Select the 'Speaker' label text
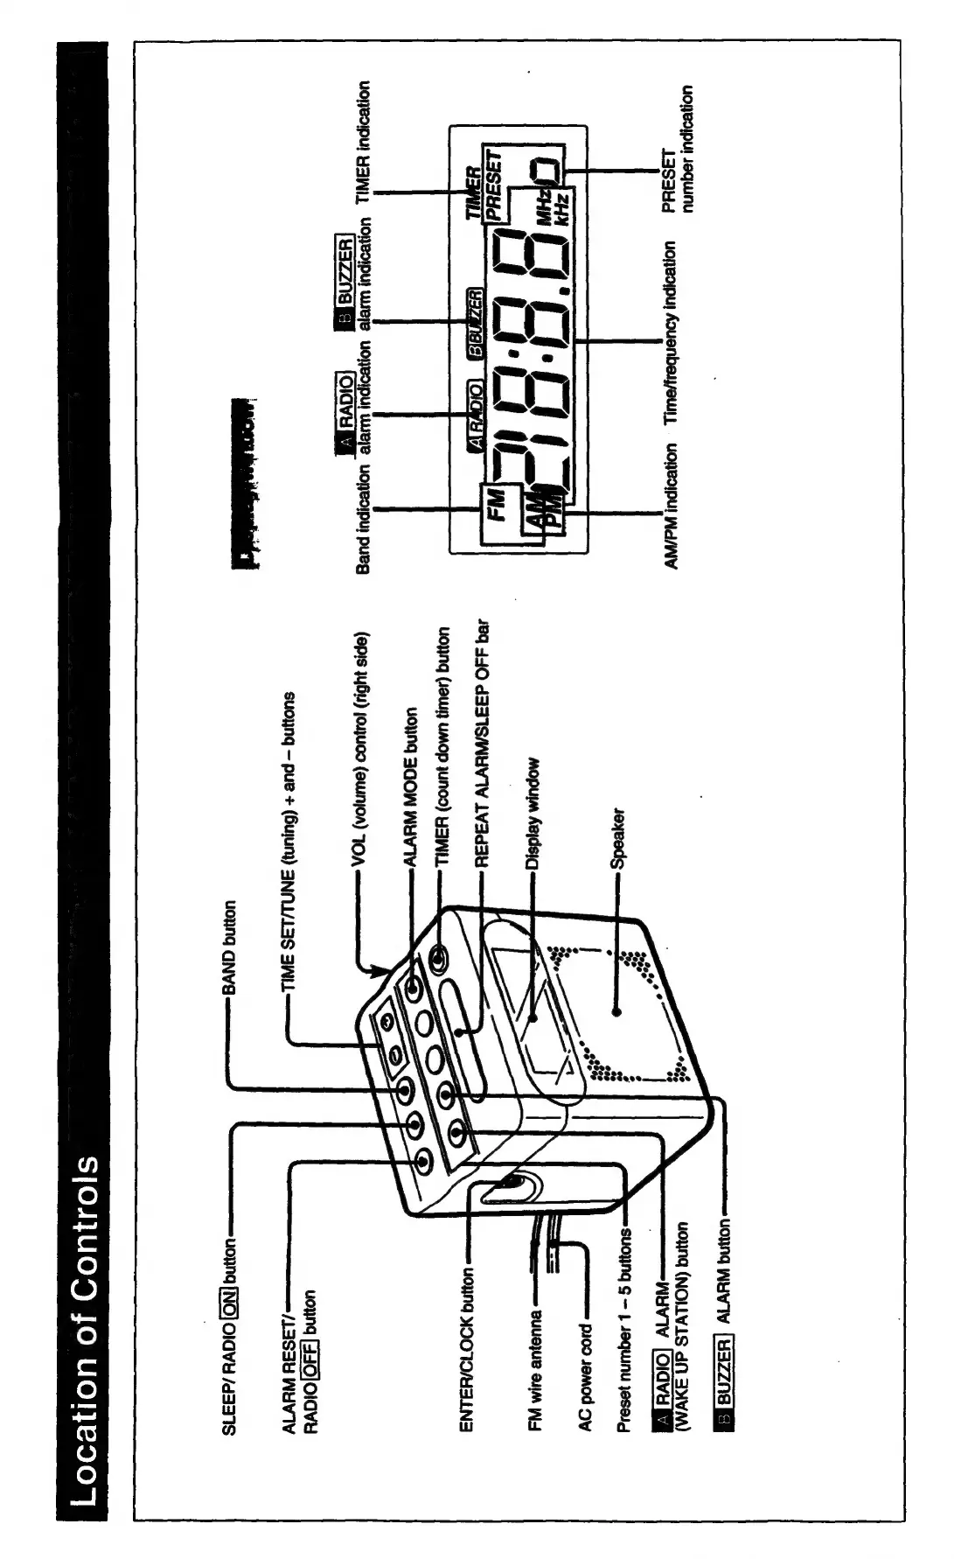coord(619,838)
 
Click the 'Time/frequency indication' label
coord(672,333)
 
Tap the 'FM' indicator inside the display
coord(496,505)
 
